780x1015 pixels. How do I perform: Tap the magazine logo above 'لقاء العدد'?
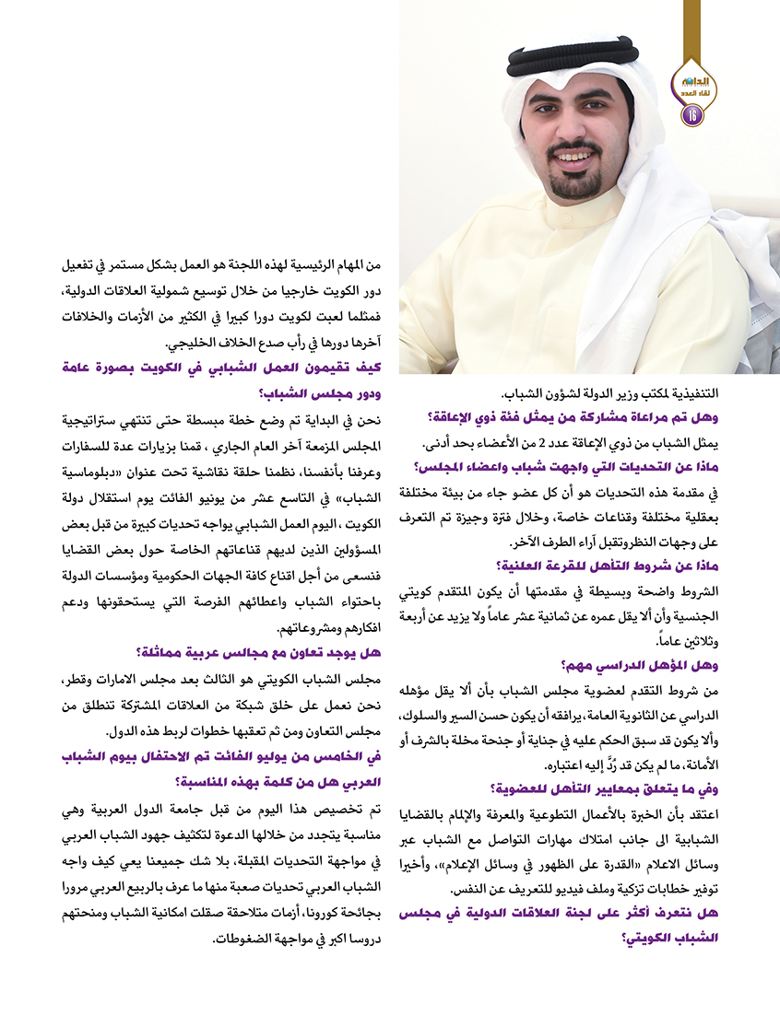pyautogui.click(x=691, y=82)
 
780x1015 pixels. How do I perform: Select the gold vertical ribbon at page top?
pyautogui.click(x=691, y=23)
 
